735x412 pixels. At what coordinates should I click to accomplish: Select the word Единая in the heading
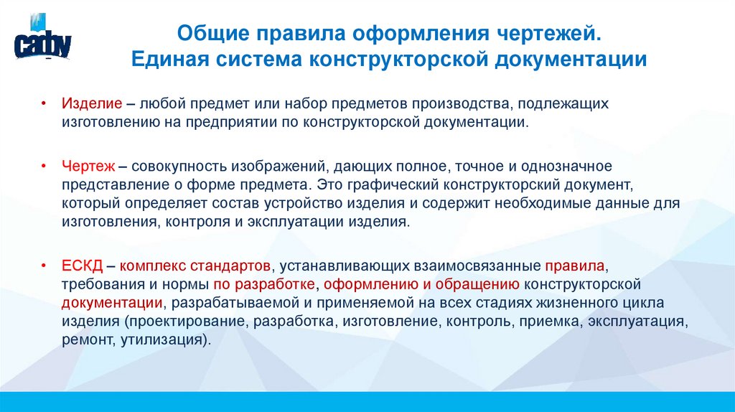(x=171, y=59)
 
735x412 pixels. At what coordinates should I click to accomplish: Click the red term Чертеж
(x=85, y=167)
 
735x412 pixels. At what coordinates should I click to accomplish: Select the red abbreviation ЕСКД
(x=82, y=266)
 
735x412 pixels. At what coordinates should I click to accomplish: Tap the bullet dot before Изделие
(x=44, y=104)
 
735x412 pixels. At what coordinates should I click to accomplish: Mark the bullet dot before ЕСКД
(x=44, y=266)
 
